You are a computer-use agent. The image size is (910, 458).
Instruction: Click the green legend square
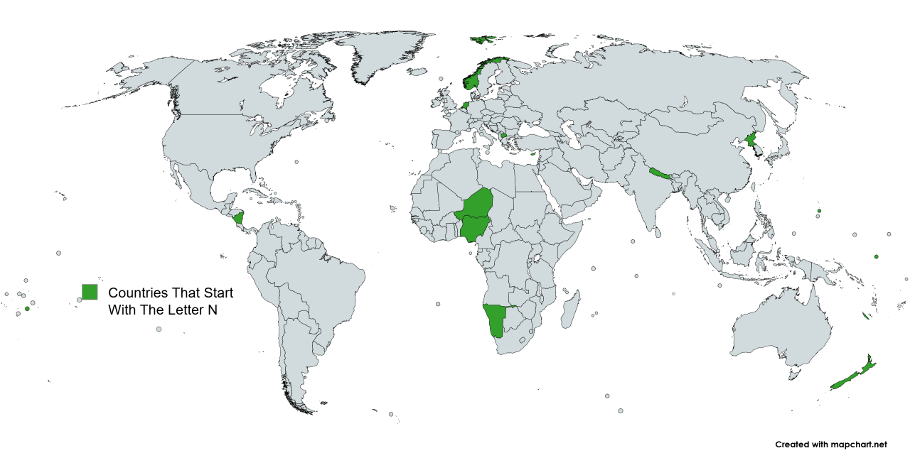click(x=90, y=292)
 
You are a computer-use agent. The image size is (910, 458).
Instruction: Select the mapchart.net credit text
click(x=831, y=445)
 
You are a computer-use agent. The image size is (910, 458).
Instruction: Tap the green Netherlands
click(x=466, y=105)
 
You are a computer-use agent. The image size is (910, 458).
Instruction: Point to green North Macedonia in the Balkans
click(x=503, y=135)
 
